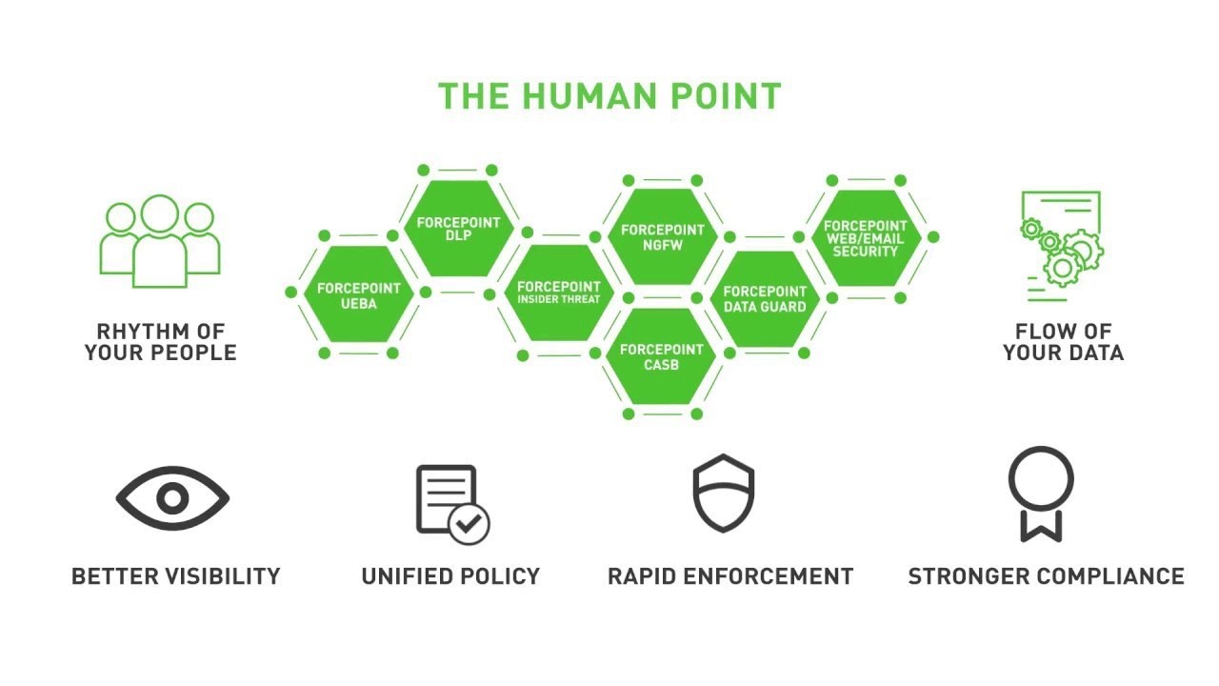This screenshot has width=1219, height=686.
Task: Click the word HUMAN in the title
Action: [x=590, y=96]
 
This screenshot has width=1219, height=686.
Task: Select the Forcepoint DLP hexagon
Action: [x=458, y=229]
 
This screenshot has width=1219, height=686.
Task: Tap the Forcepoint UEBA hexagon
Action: [x=358, y=294]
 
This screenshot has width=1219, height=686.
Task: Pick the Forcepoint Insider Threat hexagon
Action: [x=559, y=293]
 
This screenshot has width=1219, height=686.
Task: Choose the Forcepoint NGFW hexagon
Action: [x=662, y=237]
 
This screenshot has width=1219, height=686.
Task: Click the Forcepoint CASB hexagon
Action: [x=661, y=356]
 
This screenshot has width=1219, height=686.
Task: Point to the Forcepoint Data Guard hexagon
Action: [x=765, y=299]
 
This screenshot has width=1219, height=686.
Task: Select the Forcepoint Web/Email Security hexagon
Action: [x=866, y=238]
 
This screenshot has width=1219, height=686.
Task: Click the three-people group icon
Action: [x=160, y=241]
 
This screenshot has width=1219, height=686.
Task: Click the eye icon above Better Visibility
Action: [x=172, y=498]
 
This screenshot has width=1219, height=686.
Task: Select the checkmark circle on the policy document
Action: [x=469, y=524]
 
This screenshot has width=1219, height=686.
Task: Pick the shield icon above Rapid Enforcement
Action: [x=723, y=493]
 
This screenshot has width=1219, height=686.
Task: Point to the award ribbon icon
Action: [x=1041, y=494]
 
